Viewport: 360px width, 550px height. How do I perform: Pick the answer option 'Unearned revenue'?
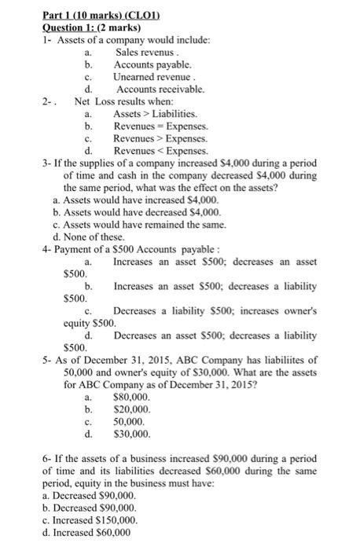(x=149, y=77)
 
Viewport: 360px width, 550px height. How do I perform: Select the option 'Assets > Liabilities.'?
(x=150, y=115)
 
